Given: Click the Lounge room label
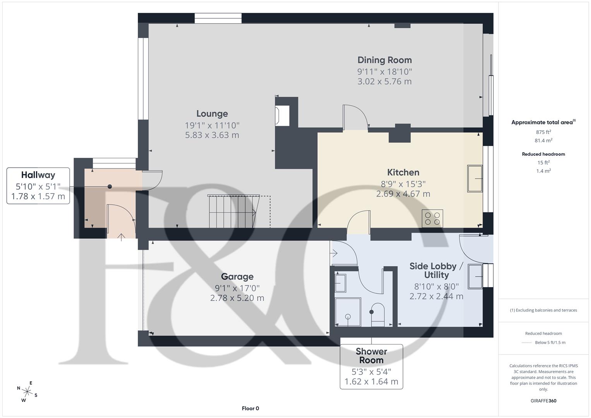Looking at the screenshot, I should coord(212,114).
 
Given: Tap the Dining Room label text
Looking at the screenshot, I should coord(384,60).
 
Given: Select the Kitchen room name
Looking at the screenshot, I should coord(403,172).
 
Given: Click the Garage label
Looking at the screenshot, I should coord(237,276).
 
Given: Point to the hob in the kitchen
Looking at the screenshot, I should coord(433,218).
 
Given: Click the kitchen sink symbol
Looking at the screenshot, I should coord(475,178).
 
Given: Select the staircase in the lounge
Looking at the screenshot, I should coord(232,212).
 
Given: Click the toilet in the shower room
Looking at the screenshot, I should coord(377,314).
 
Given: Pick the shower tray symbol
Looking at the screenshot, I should coord(348,312).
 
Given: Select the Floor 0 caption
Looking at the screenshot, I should coord(250,408).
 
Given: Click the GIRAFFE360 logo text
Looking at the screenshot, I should coord(543,401).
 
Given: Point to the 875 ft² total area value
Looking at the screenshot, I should coord(543,132).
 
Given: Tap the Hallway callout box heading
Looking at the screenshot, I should coord(38,175).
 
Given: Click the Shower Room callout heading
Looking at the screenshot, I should coord(371,356).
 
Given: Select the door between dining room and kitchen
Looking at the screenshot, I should coord(355,118).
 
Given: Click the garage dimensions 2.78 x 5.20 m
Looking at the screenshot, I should coord(237,298).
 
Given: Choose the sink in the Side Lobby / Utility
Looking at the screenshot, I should coord(475,276).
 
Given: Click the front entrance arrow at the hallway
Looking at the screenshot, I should coord(122,236).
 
